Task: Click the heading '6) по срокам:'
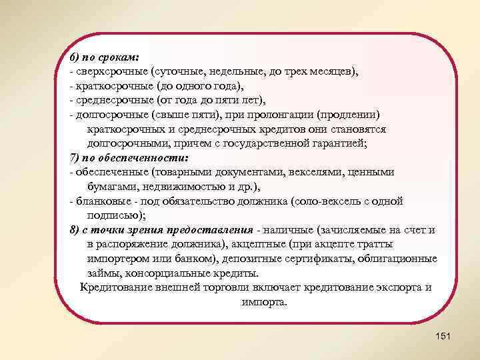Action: [103, 57]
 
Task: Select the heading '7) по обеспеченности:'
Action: [129, 158]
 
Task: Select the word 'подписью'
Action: [114, 215]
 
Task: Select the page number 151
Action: [443, 336]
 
